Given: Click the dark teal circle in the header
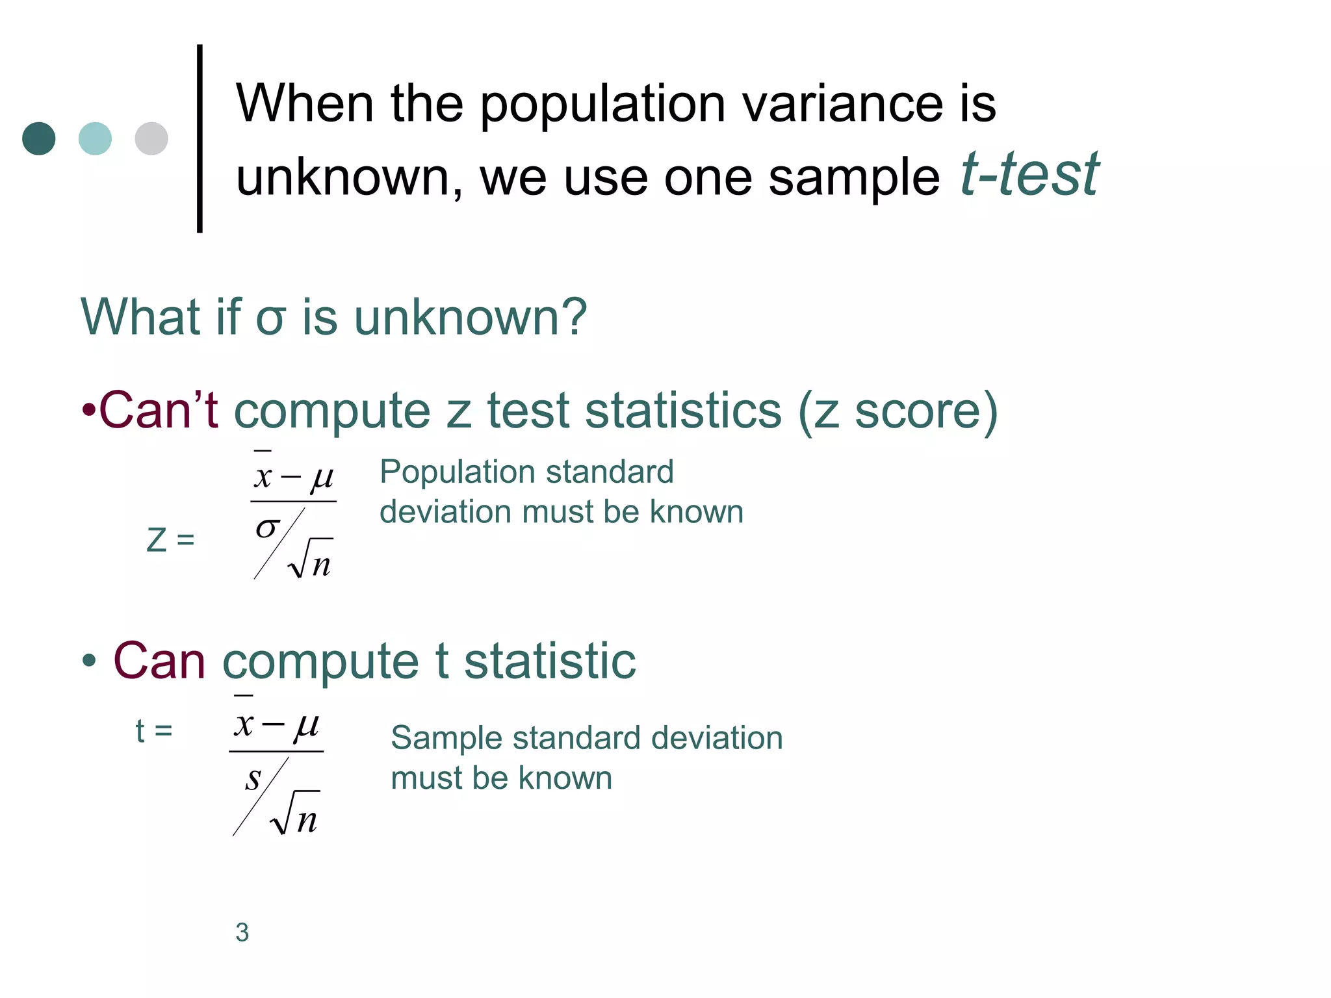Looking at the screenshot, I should point(39,138).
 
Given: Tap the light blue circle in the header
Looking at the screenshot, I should point(95,138).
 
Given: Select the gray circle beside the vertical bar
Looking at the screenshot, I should point(151,138).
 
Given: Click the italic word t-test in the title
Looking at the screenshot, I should point(1029,174).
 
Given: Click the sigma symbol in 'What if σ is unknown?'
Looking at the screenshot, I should point(270,318).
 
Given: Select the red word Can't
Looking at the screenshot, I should point(157,411).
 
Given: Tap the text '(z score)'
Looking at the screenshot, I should point(898,412).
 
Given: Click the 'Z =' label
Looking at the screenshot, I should point(170,540).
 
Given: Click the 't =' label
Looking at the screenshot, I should point(153,731).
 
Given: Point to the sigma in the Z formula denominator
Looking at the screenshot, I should point(267,527).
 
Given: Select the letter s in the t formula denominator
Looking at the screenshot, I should point(253,778).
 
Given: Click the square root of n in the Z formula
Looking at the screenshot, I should point(311,559).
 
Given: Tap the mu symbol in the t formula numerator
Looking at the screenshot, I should point(306,725).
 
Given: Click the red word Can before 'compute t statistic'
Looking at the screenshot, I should point(159,661).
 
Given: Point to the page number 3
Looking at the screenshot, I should point(242,932).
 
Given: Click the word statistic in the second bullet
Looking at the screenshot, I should point(550,661).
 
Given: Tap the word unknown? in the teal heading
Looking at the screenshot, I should point(470,318).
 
